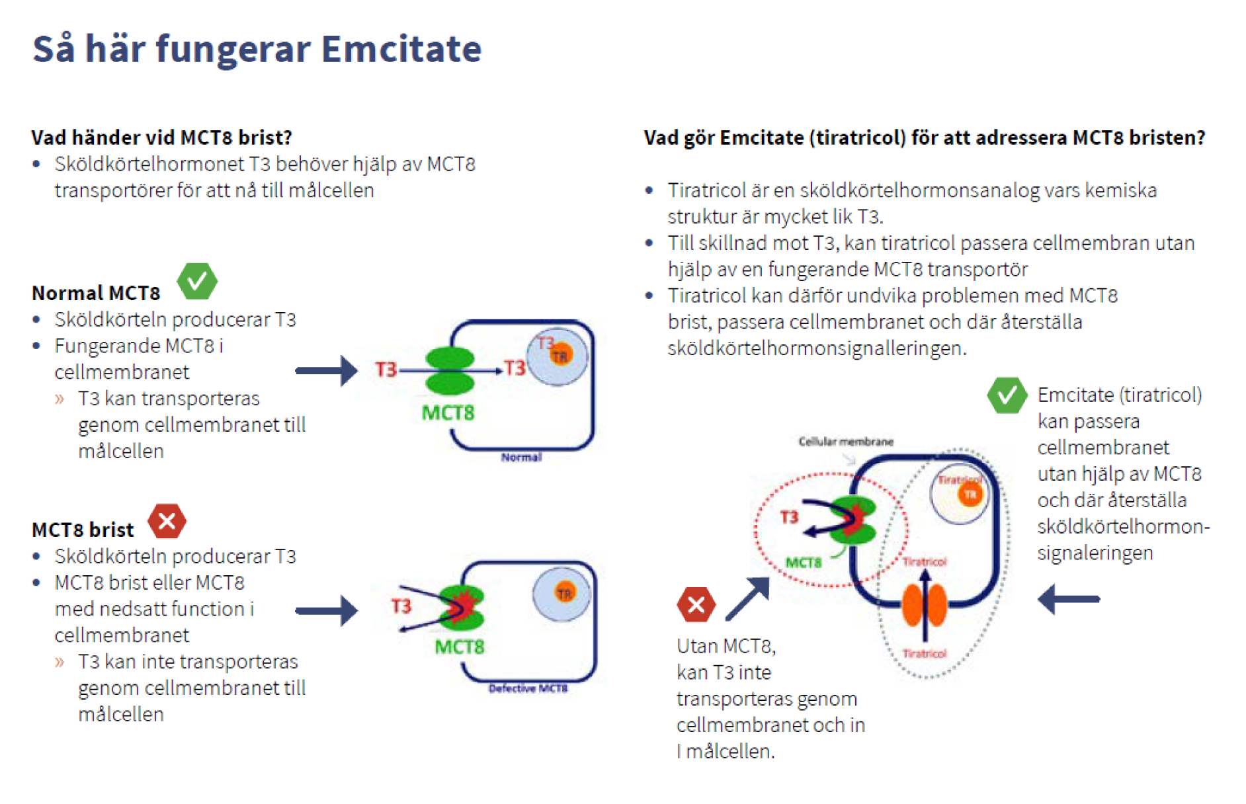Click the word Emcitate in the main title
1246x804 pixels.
(x=401, y=49)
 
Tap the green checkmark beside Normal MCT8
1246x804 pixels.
(x=197, y=281)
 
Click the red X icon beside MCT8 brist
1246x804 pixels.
(x=167, y=521)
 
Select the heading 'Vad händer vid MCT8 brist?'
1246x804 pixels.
(x=162, y=138)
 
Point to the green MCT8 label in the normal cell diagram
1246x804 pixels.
(x=448, y=413)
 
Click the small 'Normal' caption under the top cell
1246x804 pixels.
(x=521, y=458)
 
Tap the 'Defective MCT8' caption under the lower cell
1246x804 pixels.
(x=528, y=688)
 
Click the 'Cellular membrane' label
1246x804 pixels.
(x=845, y=441)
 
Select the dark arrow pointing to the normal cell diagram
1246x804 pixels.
(x=327, y=370)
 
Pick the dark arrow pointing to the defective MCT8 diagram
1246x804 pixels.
(x=327, y=610)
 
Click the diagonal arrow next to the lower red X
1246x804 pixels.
(x=748, y=599)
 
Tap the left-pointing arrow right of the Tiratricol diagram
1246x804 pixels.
(x=1069, y=599)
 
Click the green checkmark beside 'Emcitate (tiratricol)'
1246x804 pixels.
(x=1007, y=395)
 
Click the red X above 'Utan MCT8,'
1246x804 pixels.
(x=696, y=604)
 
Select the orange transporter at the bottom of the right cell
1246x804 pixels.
(x=925, y=605)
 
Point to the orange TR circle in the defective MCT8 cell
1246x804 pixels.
(x=564, y=593)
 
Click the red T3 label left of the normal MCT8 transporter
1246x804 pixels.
(x=386, y=370)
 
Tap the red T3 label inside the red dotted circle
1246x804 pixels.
(x=789, y=517)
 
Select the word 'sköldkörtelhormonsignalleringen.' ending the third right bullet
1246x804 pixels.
(x=817, y=348)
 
